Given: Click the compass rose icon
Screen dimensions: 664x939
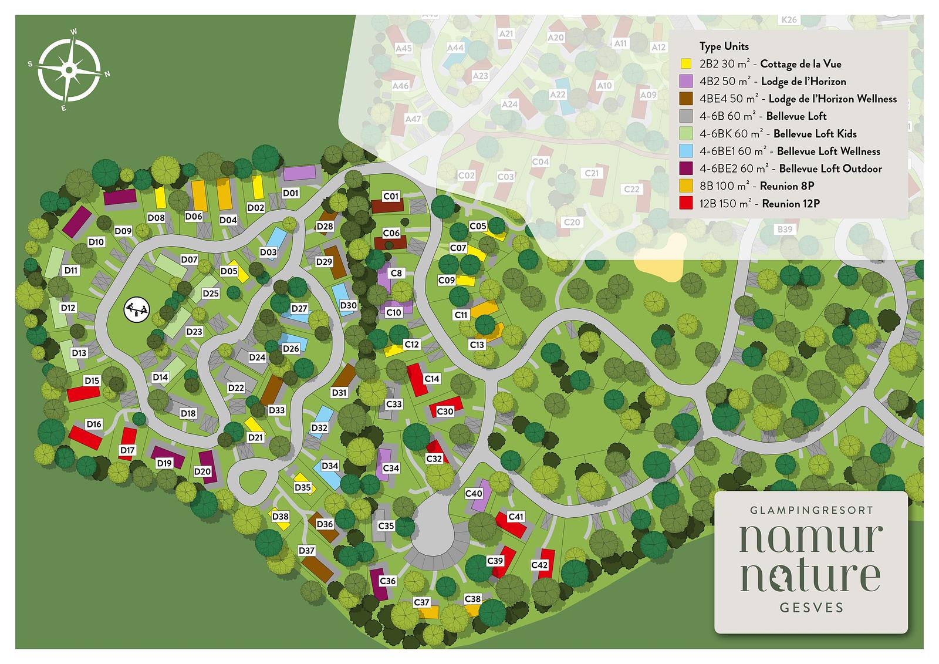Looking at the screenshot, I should (69, 70).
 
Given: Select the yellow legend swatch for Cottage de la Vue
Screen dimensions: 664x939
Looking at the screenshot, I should (685, 64).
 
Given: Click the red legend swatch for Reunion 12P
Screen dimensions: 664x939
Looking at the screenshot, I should (685, 204).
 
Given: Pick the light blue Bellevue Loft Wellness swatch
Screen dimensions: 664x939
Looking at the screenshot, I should (685, 151).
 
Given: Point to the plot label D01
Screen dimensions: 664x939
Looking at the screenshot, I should (291, 193).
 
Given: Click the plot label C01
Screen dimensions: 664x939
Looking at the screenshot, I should (391, 196).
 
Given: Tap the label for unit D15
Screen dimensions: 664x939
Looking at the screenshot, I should (92, 380).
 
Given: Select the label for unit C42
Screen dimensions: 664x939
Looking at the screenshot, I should (539, 565).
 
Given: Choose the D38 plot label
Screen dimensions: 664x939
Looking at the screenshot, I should (280, 517).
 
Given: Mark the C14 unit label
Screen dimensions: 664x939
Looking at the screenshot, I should (432, 379).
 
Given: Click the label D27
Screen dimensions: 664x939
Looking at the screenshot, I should (299, 308).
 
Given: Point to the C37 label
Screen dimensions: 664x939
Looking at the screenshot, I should (421, 602).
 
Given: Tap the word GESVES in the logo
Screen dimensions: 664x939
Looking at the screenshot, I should (812, 608).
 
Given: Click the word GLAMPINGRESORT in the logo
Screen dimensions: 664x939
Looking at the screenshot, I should (812, 510).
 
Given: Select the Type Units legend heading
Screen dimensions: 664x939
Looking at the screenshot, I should (724, 46).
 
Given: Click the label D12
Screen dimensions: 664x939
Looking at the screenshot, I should (68, 308).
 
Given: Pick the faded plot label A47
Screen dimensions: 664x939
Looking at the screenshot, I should (413, 119).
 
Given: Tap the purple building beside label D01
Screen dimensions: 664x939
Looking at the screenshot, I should (299, 173).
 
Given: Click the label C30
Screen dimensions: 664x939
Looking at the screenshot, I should (445, 412).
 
